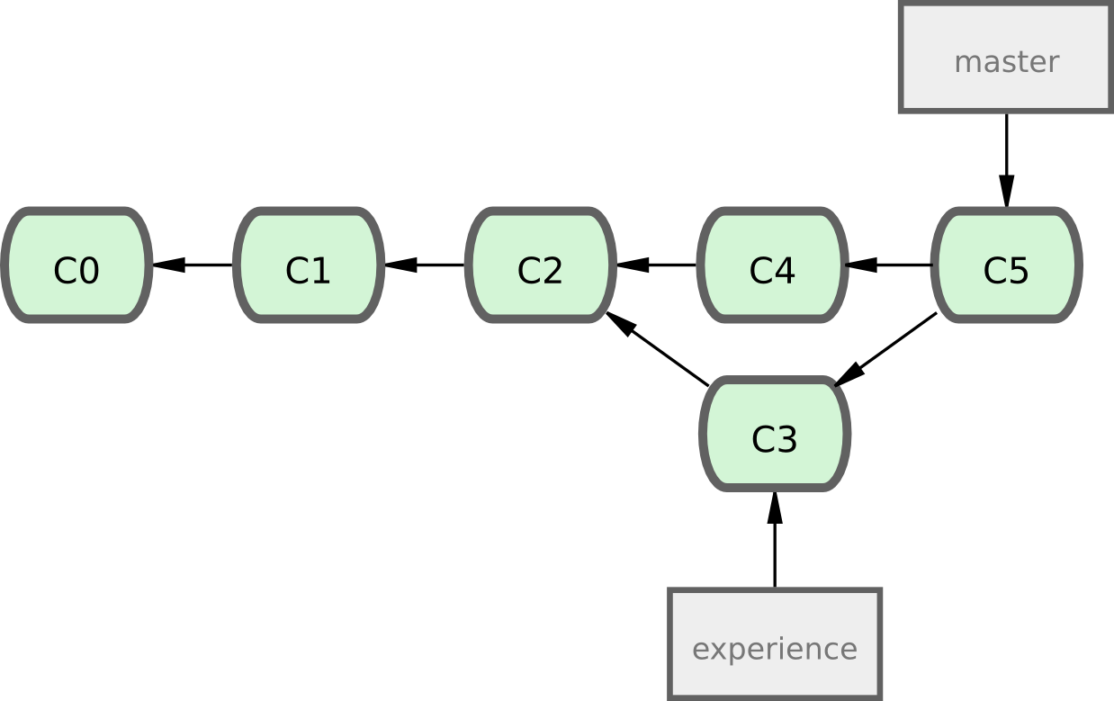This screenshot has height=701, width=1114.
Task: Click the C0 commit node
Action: (76, 265)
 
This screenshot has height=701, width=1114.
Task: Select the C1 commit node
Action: (309, 265)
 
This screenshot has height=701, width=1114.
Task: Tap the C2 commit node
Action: (541, 265)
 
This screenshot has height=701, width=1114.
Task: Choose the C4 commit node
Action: (772, 265)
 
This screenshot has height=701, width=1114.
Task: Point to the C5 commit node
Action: (1005, 265)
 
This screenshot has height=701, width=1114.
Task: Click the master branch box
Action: (1006, 59)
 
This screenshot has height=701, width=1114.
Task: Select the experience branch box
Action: (774, 644)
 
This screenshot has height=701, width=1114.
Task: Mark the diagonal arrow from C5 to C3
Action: (886, 349)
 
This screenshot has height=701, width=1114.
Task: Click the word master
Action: (1006, 62)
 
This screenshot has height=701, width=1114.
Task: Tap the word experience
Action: (774, 649)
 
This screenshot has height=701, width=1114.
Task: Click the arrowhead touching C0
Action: (168, 265)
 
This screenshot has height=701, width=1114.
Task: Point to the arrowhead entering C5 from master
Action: (1006, 191)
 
